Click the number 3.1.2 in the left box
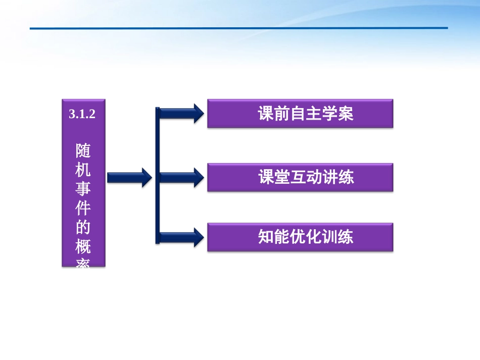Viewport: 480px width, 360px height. [x=82, y=115]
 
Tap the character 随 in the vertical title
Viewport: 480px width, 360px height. [x=83, y=150]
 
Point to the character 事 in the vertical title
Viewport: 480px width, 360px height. [x=83, y=189]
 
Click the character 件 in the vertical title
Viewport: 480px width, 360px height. [x=83, y=209]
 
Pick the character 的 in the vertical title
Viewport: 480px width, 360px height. [x=83, y=228]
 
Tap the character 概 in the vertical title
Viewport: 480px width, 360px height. [x=83, y=247]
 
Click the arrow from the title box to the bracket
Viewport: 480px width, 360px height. [x=129, y=177]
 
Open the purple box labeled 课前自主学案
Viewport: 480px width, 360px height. [x=300, y=114]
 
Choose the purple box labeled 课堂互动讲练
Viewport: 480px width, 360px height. [x=300, y=177]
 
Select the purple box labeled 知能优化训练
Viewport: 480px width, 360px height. [x=300, y=237]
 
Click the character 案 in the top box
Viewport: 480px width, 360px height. [x=346, y=114]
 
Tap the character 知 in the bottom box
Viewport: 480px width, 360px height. [x=266, y=237]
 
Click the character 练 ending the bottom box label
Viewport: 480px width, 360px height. [x=346, y=237]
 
